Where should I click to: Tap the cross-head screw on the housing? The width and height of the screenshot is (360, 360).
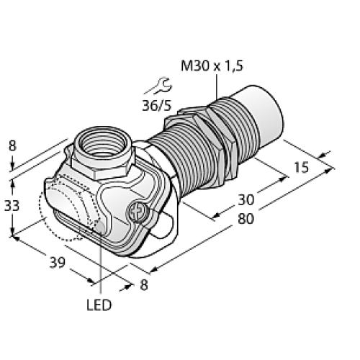(137, 212)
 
